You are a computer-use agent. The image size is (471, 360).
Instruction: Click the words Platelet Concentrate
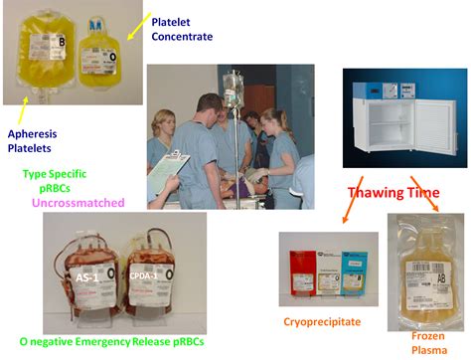coord(183,28)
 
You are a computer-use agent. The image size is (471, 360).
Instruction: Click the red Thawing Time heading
coord(393,193)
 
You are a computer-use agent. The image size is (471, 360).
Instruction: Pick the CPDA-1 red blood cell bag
coord(144,278)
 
